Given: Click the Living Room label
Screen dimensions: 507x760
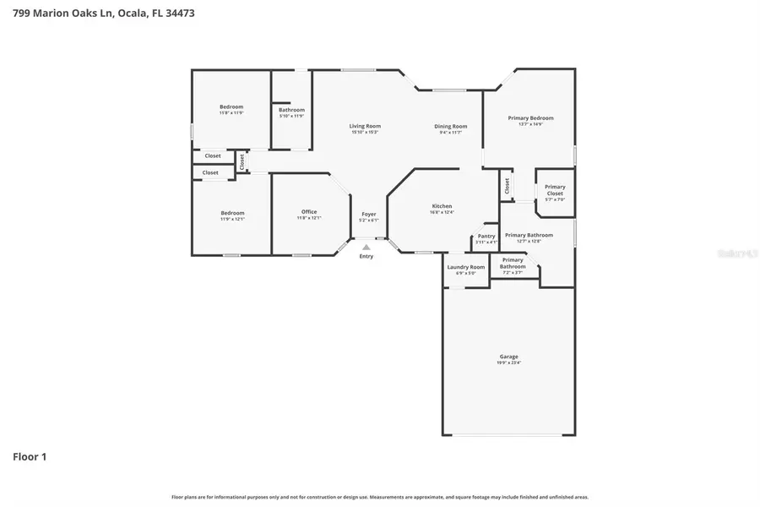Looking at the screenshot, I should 365,126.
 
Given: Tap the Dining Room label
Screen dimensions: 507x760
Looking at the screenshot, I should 451,126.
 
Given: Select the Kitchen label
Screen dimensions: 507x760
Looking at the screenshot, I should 442,206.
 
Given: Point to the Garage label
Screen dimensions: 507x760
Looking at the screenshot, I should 508,357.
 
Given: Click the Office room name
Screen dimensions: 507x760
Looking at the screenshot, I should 309,211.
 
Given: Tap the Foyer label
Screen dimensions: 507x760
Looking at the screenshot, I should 369,214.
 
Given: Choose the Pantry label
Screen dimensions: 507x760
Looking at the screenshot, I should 486,237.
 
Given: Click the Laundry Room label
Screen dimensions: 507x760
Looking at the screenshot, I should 466,267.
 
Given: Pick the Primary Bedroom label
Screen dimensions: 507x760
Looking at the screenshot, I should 530,118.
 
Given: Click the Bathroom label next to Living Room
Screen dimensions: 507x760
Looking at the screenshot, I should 291,110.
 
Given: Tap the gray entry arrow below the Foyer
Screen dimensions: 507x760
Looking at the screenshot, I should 366,248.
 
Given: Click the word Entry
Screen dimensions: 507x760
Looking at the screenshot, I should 366,257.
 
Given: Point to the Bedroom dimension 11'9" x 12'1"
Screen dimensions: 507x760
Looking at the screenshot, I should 232,219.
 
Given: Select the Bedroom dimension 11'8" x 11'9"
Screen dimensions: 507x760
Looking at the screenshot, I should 231,112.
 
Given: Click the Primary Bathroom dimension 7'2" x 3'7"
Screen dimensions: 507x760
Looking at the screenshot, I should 513,272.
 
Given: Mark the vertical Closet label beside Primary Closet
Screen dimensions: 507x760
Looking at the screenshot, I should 507,186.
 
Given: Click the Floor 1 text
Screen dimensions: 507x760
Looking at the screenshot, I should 30,457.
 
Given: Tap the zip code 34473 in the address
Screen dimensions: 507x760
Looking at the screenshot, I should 181,13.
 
